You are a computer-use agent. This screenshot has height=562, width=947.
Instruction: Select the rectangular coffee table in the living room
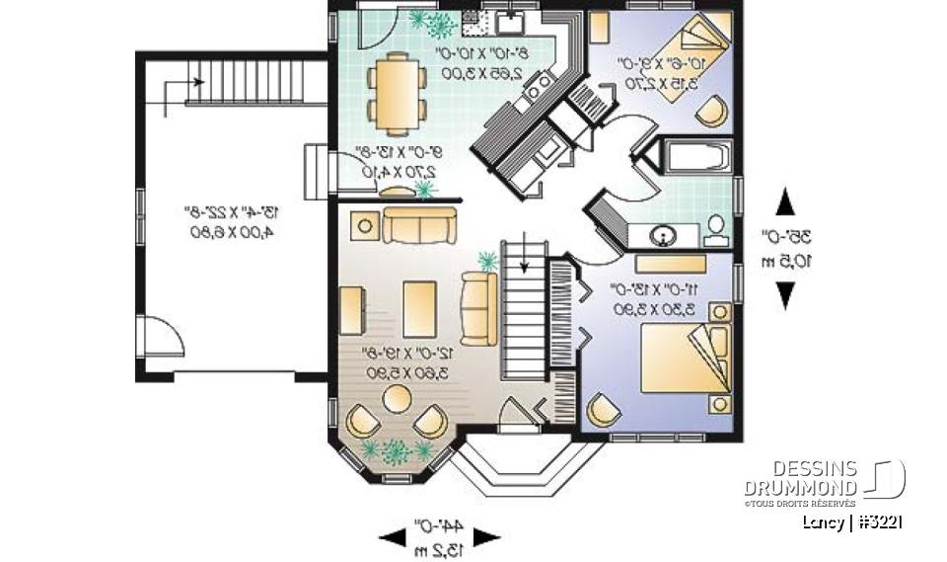(x=419, y=307)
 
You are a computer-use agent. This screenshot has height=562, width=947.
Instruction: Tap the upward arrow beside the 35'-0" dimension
(x=785, y=202)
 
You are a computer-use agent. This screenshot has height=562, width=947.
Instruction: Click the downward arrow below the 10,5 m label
(x=785, y=294)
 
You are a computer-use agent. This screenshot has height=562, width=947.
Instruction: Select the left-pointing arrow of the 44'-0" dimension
(x=392, y=536)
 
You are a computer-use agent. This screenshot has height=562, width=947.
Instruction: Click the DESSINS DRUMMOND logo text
(x=801, y=479)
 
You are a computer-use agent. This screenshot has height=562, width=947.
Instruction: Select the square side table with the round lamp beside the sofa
(x=362, y=226)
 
